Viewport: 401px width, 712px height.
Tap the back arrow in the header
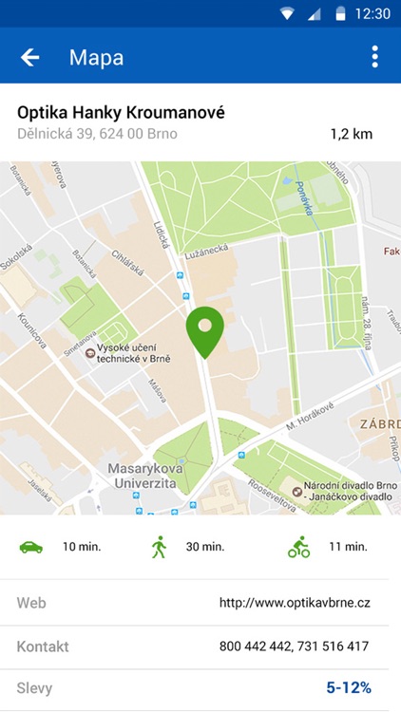point(30,58)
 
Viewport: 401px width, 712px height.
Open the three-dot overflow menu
point(374,58)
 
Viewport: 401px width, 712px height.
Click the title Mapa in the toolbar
point(96,58)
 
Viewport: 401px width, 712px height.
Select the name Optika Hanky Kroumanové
point(122,112)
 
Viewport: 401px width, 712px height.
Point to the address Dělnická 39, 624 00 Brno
point(97,134)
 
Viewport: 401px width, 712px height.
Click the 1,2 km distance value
point(352,134)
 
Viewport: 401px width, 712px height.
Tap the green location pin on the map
point(204,329)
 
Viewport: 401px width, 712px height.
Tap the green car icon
point(31,547)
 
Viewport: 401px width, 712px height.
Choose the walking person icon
point(159,547)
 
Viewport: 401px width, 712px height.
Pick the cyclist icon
point(299,547)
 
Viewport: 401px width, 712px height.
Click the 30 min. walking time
point(204,547)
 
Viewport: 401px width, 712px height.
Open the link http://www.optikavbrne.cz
point(295,603)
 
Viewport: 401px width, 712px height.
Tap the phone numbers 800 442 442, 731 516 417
point(295,646)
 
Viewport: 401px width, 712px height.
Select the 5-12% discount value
point(349,687)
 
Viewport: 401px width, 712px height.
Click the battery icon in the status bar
point(340,13)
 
